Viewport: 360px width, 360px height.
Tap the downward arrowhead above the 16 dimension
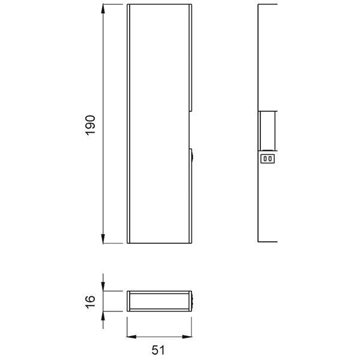point(104,287)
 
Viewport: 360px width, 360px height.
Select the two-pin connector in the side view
point(268,159)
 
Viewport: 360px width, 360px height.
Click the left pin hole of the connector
point(265,159)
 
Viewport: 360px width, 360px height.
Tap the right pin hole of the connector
point(271,159)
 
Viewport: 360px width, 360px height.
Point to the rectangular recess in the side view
point(267,130)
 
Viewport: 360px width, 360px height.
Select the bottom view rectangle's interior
point(159,301)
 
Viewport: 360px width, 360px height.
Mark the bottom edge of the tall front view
point(160,243)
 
